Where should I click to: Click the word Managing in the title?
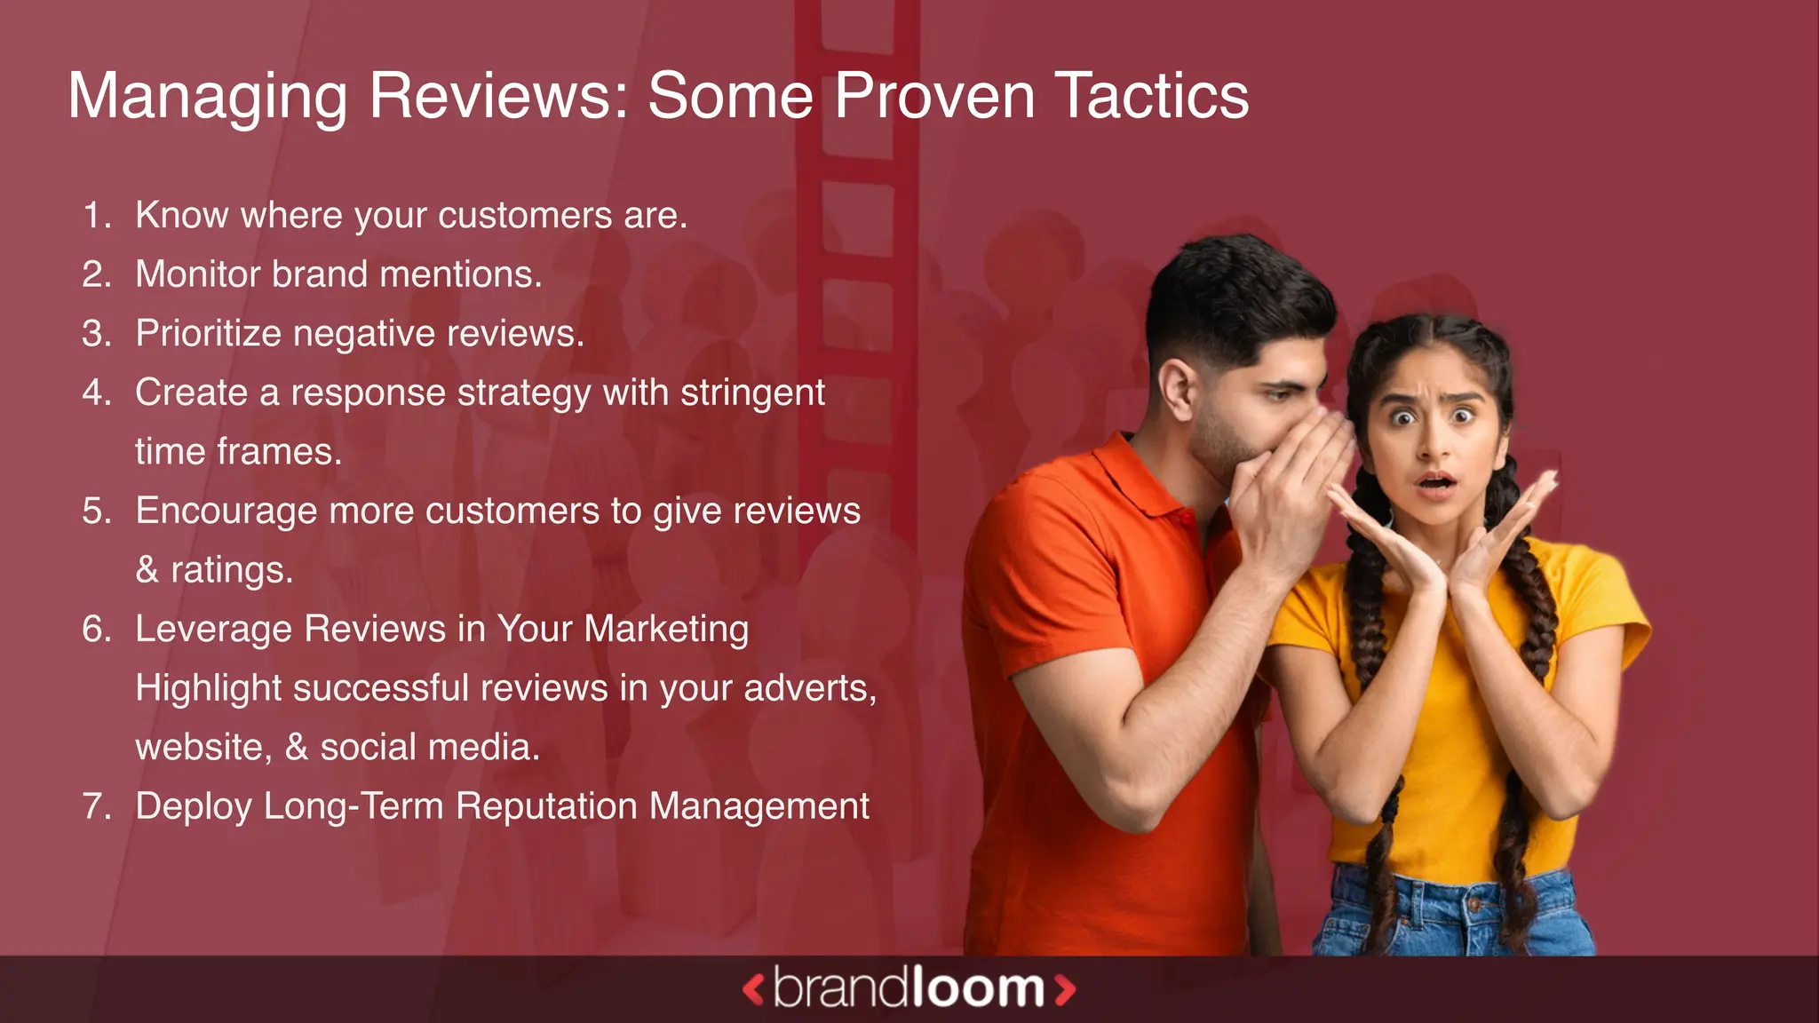click(207, 98)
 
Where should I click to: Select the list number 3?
click(96, 334)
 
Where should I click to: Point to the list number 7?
click(96, 806)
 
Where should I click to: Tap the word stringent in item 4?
click(752, 393)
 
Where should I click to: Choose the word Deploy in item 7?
click(193, 807)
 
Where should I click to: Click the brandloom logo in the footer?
click(909, 988)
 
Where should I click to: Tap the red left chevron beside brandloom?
click(753, 989)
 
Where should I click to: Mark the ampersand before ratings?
click(147, 570)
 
